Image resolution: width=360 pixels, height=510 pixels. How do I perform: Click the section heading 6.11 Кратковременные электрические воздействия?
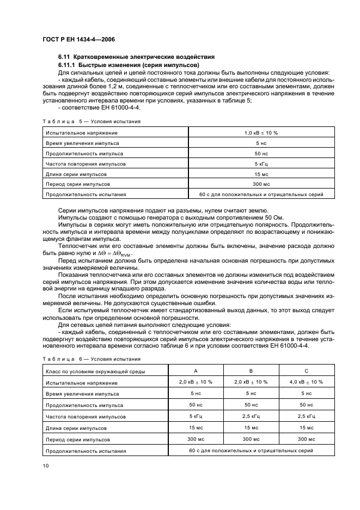[137, 57]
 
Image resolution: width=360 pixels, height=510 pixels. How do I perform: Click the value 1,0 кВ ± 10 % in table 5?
[261, 132]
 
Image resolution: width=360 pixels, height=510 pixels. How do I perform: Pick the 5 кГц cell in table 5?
[261, 163]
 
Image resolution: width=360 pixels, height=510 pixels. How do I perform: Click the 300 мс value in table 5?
[261, 184]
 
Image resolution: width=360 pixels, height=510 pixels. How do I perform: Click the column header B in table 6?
[251, 371]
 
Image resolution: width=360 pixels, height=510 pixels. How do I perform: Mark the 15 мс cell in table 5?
[261, 174]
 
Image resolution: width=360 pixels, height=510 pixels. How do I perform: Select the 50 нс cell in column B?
[251, 405]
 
